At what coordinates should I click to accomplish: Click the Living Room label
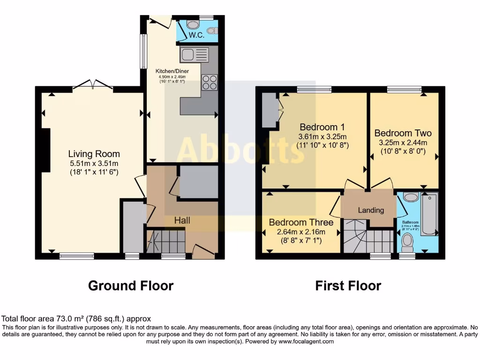[x=94, y=154]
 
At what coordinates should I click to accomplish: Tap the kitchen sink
[x=194, y=55]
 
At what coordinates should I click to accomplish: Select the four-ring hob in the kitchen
[x=210, y=82]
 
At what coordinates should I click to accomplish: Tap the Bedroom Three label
[x=301, y=222]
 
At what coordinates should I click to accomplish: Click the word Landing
[x=371, y=210]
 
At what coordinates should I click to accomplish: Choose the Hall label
[x=182, y=220]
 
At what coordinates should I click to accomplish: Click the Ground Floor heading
[x=131, y=285]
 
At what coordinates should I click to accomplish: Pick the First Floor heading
[x=348, y=285]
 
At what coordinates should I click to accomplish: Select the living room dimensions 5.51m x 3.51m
[x=94, y=163]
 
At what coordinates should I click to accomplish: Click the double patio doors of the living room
[x=92, y=85]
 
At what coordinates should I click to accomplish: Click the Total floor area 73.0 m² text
[x=76, y=319]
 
